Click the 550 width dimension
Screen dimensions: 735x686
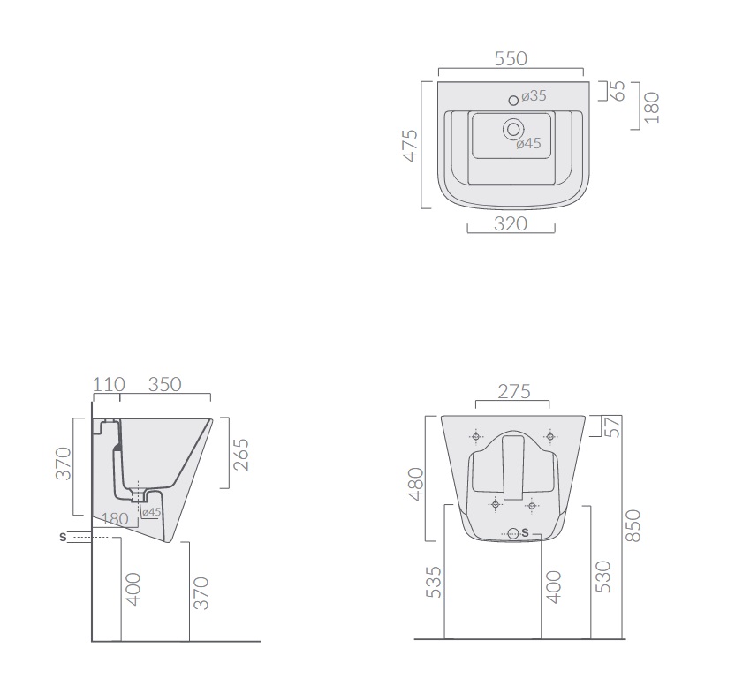pos(511,59)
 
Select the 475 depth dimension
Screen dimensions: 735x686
pos(410,146)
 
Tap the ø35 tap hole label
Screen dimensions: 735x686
pos(534,95)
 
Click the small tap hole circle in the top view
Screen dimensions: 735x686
pos(513,100)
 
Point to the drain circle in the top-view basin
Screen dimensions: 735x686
pos(513,129)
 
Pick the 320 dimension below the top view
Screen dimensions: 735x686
pos(511,224)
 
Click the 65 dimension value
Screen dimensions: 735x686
pos(618,91)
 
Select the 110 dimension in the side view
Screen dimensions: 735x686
pos(109,385)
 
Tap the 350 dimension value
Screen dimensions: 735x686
pos(164,385)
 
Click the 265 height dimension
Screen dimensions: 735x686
pos(241,455)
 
